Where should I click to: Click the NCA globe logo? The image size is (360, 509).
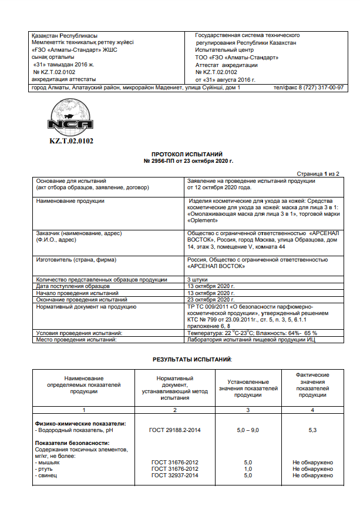pos(71,118)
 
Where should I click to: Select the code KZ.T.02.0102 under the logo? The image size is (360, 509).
pos(71,141)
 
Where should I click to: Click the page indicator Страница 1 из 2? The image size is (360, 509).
pos(318,175)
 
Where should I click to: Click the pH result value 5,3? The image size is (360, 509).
pos(312,430)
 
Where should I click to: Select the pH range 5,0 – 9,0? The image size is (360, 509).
pos(248,430)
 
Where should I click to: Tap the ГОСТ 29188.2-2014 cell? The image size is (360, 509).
pos(176,430)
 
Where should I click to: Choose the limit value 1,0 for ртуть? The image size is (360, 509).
pos(248,468)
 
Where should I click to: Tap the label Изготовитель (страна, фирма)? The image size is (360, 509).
pos(76,259)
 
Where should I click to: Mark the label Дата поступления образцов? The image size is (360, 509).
pos(73,286)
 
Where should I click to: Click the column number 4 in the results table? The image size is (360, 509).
pos(312,409)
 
